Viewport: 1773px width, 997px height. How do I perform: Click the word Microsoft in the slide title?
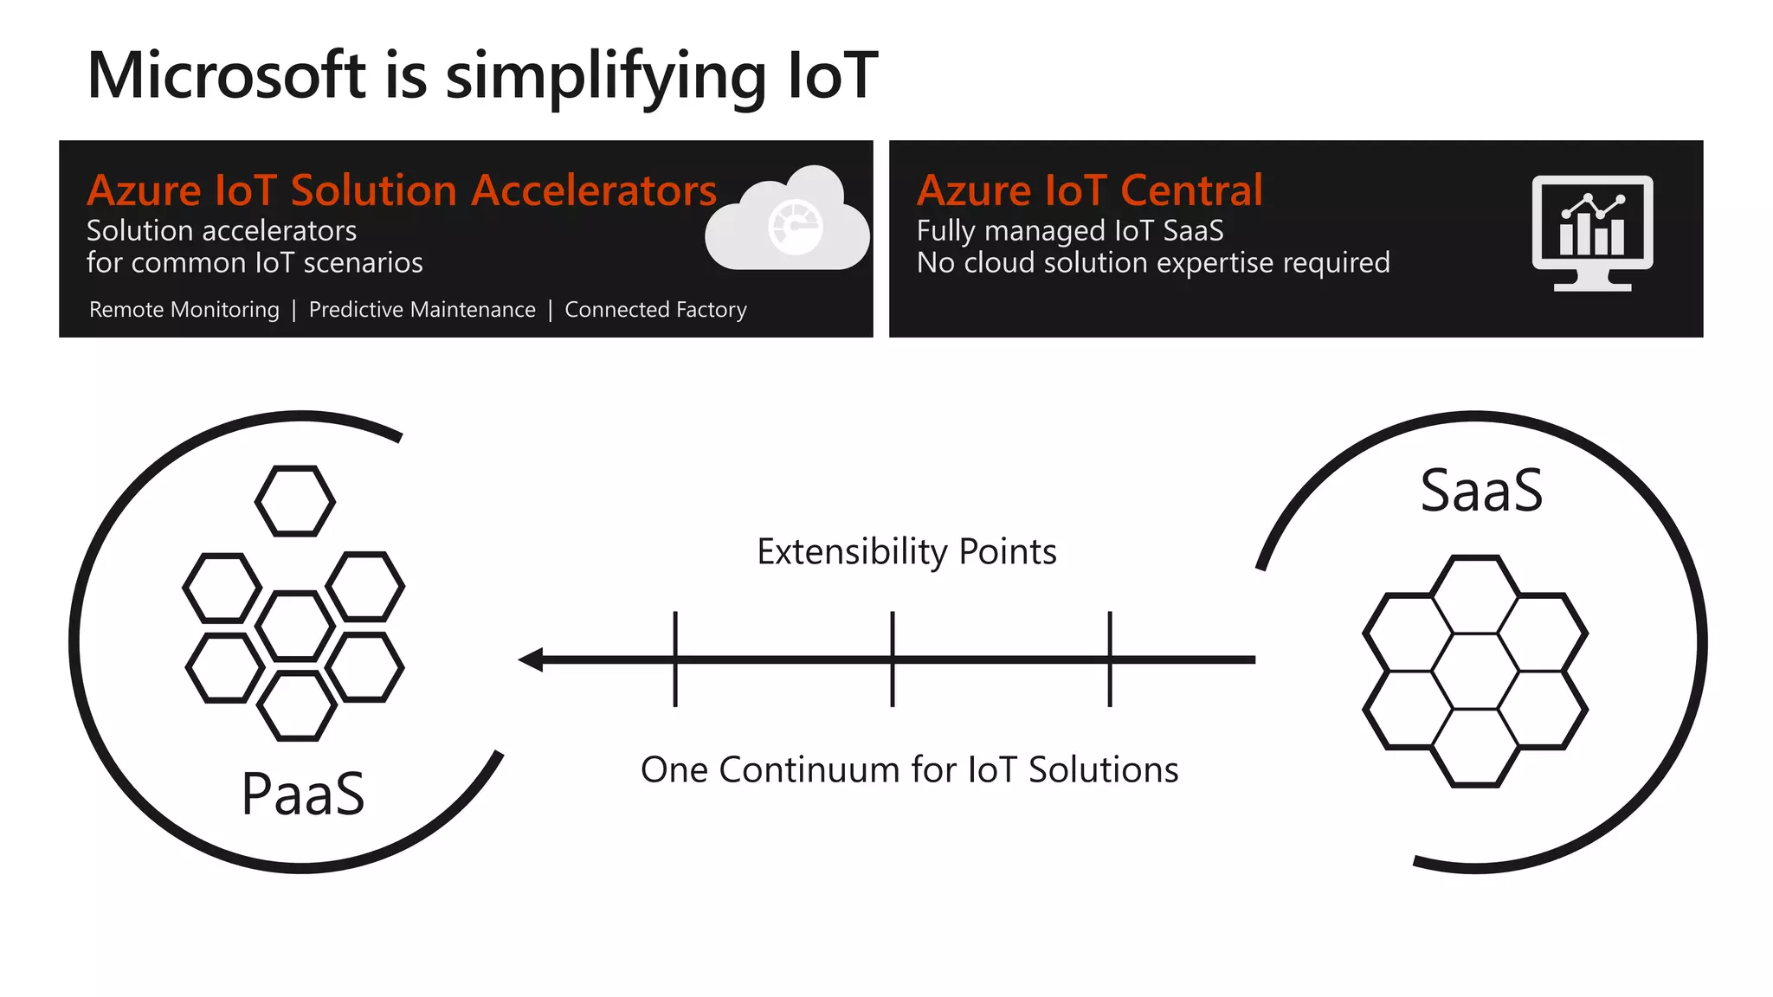click(x=227, y=76)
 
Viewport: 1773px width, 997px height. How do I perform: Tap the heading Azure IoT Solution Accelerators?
click(x=401, y=190)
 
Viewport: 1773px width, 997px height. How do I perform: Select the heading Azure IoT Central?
click(x=1089, y=190)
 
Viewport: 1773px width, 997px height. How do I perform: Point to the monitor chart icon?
click(x=1591, y=232)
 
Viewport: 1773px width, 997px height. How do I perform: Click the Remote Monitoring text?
click(x=184, y=310)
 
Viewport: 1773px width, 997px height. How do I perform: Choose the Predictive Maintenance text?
click(x=422, y=310)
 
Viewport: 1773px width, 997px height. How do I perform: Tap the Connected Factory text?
click(x=655, y=310)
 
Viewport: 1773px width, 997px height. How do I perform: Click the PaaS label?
click(x=303, y=794)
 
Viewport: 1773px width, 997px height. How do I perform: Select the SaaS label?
click(x=1481, y=491)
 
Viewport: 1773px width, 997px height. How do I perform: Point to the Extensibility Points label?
click(x=906, y=552)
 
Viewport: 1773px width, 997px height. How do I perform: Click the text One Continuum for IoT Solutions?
click(x=909, y=769)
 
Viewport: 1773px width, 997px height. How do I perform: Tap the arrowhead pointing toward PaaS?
click(x=531, y=659)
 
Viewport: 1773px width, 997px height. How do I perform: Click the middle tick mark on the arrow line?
click(x=893, y=659)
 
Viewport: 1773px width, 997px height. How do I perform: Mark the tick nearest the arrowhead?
click(x=675, y=659)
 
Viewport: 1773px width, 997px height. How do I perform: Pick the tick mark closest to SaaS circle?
click(x=1110, y=659)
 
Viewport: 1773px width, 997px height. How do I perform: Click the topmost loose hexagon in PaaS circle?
click(x=295, y=501)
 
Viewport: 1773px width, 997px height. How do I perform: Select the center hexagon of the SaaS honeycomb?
click(x=1475, y=672)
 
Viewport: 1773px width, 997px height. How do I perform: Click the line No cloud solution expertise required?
click(x=1152, y=263)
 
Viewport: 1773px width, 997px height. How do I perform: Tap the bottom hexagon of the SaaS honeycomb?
click(x=1475, y=747)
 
